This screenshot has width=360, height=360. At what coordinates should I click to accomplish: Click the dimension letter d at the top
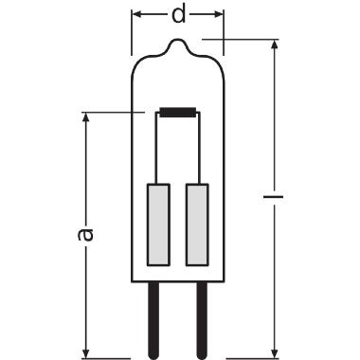(x=178, y=16)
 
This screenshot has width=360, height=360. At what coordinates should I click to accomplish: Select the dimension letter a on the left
(x=86, y=234)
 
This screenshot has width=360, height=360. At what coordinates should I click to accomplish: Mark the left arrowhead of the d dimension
(x=136, y=16)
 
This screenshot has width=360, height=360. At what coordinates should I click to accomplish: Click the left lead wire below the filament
(x=158, y=150)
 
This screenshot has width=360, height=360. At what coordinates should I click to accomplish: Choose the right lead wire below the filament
(x=198, y=150)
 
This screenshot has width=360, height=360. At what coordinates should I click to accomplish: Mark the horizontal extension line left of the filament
(x=114, y=114)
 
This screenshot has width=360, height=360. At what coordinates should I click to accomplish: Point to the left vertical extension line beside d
(x=131, y=28)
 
